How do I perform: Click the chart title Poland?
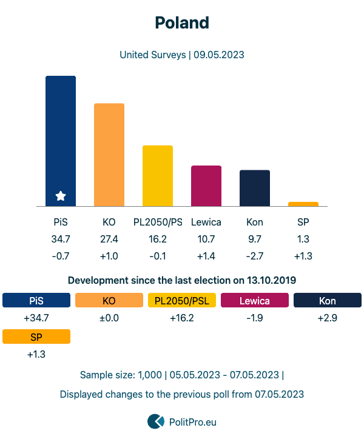(182, 23)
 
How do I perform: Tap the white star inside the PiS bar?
(61, 196)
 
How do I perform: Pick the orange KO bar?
(109, 155)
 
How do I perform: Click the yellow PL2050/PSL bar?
(158, 176)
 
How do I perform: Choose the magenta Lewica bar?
(206, 186)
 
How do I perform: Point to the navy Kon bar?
(255, 188)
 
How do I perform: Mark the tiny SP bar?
(303, 204)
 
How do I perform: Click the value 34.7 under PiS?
(61, 239)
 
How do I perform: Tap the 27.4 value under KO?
(109, 239)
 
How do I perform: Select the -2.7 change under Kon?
(255, 256)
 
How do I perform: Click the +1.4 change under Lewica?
(206, 256)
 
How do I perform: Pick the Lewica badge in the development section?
(255, 300)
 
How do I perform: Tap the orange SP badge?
(36, 337)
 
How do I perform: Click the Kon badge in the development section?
(328, 300)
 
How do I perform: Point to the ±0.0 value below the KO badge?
(109, 318)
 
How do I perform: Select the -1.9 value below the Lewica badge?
(255, 318)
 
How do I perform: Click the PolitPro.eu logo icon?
(156, 421)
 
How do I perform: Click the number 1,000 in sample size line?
(149, 375)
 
